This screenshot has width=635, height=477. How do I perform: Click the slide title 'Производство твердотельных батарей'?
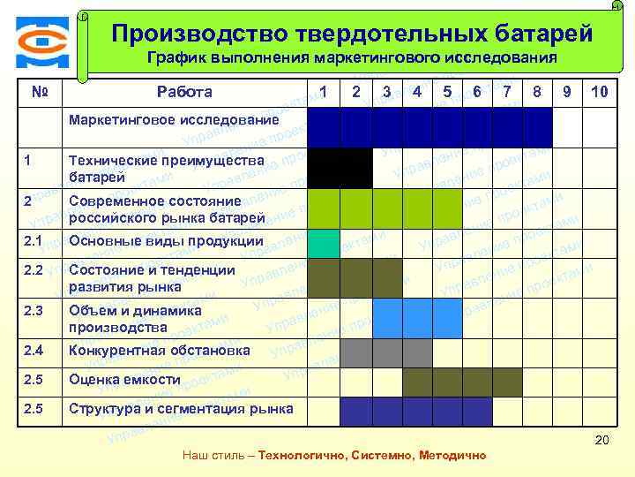352,34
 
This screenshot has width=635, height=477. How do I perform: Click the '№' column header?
39,92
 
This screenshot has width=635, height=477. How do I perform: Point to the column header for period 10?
599,92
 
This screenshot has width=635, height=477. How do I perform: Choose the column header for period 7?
507,92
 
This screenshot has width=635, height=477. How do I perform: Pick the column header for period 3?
386,92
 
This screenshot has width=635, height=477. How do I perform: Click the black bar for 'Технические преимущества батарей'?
340,167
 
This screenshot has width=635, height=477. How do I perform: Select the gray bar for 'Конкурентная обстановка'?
386,352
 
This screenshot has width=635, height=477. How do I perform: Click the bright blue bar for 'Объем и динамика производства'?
416,318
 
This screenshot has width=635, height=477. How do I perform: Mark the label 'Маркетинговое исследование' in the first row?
174,120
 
